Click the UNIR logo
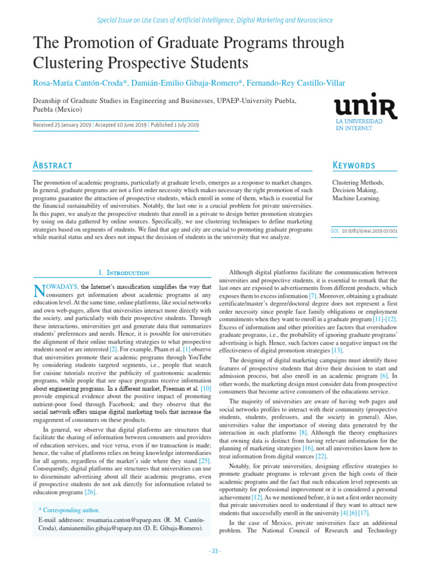tap(365, 106)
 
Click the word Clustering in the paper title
tap(62, 62)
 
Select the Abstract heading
tap(53, 165)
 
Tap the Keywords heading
tap(354, 165)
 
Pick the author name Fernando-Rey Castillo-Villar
tap(296, 83)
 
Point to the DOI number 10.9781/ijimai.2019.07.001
tap(370, 230)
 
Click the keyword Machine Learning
tap(356, 198)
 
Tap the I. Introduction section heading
tap(124, 273)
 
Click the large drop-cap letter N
tap(39, 290)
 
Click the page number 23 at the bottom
tap(215, 551)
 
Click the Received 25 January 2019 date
tap(62, 125)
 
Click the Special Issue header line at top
tap(215, 20)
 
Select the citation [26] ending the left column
tap(91, 492)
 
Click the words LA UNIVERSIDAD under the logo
tap(359, 121)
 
